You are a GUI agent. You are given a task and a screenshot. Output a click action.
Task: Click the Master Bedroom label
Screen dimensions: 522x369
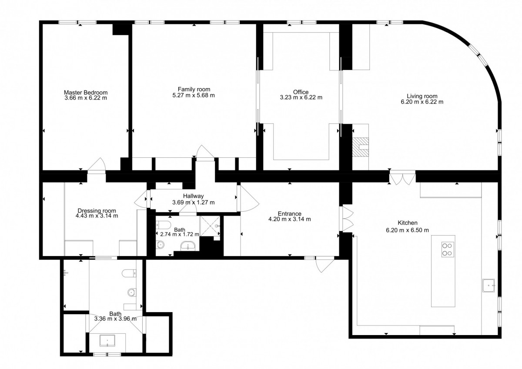pos(86,93)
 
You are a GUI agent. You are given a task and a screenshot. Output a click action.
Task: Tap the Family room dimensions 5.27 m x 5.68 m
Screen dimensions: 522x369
pos(194,96)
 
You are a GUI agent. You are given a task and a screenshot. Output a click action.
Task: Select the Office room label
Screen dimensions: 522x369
pos(301,92)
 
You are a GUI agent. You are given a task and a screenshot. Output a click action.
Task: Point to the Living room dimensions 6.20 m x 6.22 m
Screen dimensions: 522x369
pos(422,102)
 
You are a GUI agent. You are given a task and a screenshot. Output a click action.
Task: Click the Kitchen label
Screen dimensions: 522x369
pos(407,223)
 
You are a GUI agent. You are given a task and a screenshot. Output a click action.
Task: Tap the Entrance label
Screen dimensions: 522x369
pos(290,213)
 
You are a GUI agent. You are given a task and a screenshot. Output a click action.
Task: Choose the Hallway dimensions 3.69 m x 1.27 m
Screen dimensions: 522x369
pos(194,203)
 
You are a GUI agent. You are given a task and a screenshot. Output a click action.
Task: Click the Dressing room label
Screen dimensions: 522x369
pos(97,211)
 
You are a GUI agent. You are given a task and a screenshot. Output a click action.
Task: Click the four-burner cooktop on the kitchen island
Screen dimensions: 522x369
pos(448,249)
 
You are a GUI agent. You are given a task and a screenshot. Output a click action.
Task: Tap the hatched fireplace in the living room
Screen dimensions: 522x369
pos(360,146)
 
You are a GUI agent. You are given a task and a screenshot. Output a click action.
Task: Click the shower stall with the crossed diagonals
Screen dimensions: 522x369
pos(210,226)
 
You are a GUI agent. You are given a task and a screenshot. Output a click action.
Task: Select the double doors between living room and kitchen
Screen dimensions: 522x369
pos(402,178)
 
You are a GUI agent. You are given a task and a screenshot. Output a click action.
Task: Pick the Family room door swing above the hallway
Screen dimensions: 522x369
pos(205,153)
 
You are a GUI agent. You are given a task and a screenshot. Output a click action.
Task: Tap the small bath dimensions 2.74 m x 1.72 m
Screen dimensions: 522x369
pos(180,234)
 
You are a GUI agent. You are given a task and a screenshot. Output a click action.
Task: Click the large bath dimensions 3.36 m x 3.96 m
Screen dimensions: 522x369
pos(115,319)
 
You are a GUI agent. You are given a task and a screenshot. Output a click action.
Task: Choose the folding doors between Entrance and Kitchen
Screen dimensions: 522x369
pos(347,219)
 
